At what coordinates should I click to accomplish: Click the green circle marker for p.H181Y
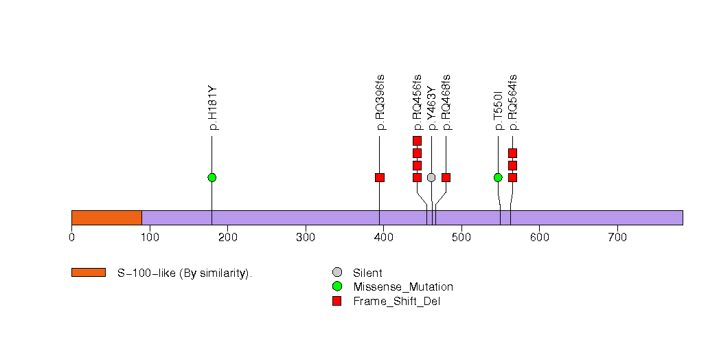coord(212,177)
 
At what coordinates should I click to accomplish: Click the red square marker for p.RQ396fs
coord(380,177)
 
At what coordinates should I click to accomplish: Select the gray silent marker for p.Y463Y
coord(431,177)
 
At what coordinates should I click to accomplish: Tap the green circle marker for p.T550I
coord(498,177)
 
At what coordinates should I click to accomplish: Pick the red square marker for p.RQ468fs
coord(446,177)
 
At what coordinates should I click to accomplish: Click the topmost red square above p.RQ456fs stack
coord(417,141)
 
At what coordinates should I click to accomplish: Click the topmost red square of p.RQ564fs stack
coord(512,153)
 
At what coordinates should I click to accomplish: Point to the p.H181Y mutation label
coord(213,109)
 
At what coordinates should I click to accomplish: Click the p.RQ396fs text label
coord(380,102)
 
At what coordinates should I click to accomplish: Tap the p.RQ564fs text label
coord(513,102)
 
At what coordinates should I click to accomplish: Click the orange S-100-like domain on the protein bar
coord(106,217)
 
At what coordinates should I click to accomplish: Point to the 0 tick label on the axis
coord(71,238)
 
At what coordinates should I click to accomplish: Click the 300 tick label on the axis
coord(306,238)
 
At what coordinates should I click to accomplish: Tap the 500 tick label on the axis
coord(461,238)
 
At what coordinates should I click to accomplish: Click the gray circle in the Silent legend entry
coord(336,273)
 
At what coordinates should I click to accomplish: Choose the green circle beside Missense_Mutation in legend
coord(336,286)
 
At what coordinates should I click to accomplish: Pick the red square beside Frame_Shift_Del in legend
coord(336,301)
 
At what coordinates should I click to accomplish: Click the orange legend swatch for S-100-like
coord(89,273)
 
